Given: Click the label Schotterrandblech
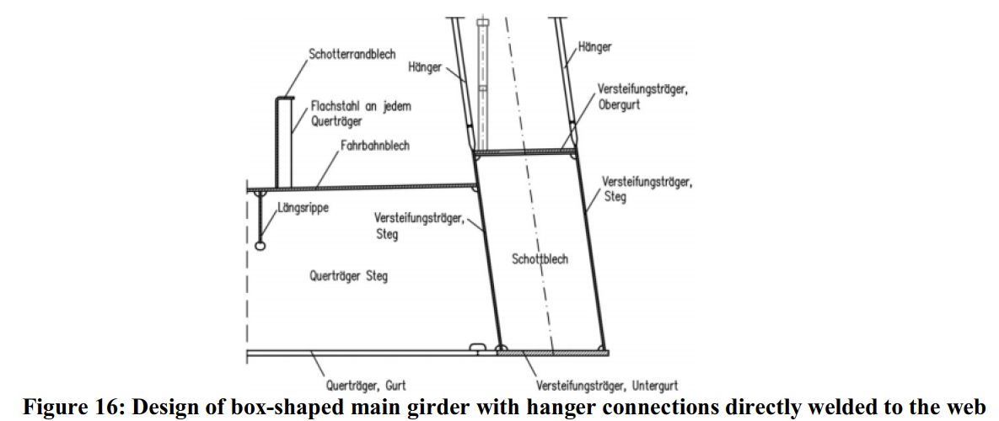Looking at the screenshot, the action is pyautogui.click(x=352, y=55).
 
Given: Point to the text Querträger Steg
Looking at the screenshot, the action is pyautogui.click(x=348, y=276).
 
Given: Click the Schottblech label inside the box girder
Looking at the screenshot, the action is pyautogui.click(x=540, y=258).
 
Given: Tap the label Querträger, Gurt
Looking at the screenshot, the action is pyautogui.click(x=366, y=386).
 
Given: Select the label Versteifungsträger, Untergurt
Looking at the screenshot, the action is pyautogui.click(x=607, y=386).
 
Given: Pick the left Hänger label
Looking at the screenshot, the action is pyautogui.click(x=424, y=67).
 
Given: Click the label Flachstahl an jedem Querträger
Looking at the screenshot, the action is pyautogui.click(x=361, y=113).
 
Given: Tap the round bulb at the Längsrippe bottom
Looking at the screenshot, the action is pyautogui.click(x=260, y=245).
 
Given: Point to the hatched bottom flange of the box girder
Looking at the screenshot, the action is pyautogui.click(x=552, y=352).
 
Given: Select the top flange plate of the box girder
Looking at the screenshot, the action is pyautogui.click(x=524, y=152).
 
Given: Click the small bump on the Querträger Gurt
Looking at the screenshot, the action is pyautogui.click(x=478, y=347).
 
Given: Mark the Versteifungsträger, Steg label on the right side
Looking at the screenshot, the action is pyautogui.click(x=646, y=189).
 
